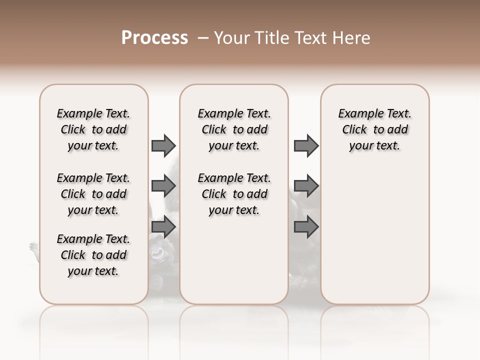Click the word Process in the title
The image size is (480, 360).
pos(154,38)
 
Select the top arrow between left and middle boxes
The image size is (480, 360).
pos(163,145)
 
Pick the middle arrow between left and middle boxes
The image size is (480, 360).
pos(163,186)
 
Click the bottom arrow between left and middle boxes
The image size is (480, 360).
pos(163,227)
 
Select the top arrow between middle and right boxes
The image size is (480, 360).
pos(306,145)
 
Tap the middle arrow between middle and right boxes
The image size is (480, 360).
pos(306,186)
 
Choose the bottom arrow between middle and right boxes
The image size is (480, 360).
pos(306,227)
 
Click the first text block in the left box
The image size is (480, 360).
pos(93,129)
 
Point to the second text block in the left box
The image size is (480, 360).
pos(93,194)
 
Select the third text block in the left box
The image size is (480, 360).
pos(93,255)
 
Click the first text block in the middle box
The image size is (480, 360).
pos(234,129)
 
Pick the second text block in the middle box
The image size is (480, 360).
pos(234,194)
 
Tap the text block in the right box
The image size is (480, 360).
pos(374,129)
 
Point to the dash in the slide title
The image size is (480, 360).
pos(203,38)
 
